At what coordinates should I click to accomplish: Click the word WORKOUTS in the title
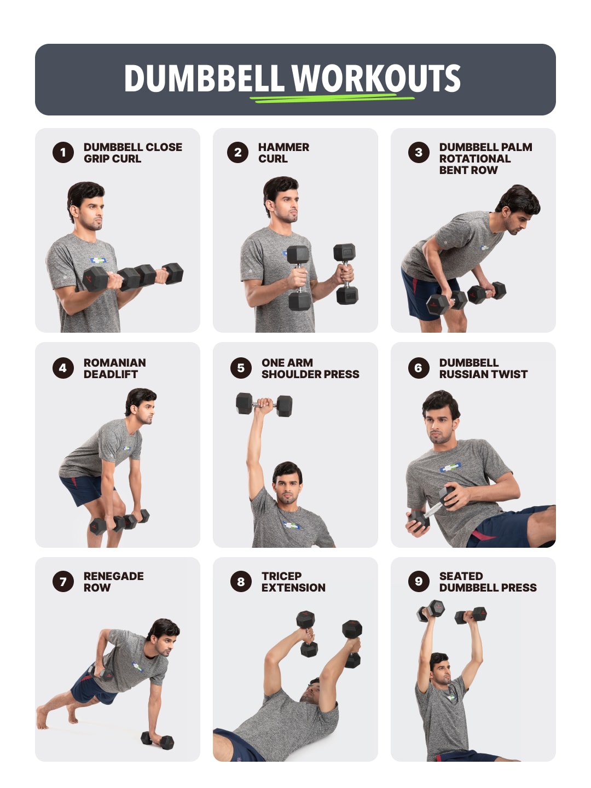click(x=376, y=79)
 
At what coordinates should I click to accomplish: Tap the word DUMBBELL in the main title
click(x=204, y=79)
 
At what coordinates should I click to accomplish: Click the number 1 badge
click(x=63, y=153)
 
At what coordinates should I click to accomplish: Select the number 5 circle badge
click(x=241, y=368)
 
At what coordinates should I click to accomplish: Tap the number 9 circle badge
click(x=419, y=581)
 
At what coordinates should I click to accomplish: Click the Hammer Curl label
click(x=283, y=153)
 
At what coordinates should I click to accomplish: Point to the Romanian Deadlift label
click(x=114, y=368)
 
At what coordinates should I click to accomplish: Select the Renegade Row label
click(x=113, y=582)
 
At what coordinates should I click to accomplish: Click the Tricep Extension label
click(x=293, y=582)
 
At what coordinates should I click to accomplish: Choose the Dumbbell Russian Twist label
click(x=483, y=368)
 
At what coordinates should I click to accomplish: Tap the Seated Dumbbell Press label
click(x=487, y=582)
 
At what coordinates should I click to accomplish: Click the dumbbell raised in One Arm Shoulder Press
click(x=264, y=405)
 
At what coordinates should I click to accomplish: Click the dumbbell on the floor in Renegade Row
click(x=158, y=740)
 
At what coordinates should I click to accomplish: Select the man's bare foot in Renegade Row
click(x=42, y=717)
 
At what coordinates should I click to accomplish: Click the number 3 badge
click(x=419, y=153)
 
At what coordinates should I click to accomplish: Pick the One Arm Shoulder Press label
click(x=310, y=368)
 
